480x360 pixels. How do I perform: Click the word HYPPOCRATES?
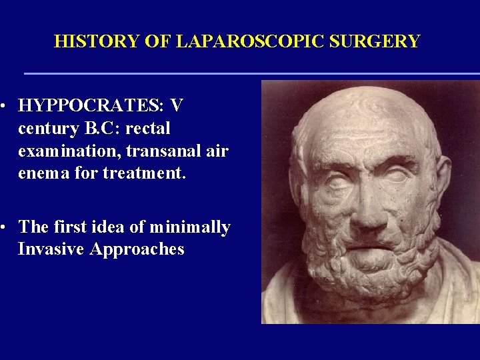92,105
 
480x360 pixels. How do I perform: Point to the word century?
49,128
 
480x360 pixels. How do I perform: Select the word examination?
69,151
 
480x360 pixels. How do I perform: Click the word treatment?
143,173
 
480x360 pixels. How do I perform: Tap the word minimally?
189,227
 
